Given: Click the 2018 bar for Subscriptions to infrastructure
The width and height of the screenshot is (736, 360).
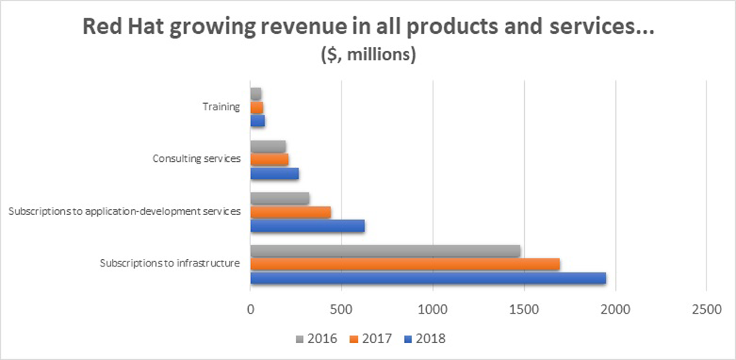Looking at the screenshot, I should (x=428, y=278).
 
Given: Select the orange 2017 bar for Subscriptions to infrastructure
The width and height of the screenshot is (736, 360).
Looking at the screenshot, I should (x=405, y=264).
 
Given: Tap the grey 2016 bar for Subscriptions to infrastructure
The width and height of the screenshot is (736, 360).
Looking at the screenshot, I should (x=385, y=250).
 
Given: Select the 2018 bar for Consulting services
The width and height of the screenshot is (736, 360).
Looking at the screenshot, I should (x=275, y=174).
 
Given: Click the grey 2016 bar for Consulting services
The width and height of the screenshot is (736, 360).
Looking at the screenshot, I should (x=268, y=146).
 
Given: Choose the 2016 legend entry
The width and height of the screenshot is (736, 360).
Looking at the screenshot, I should (x=316, y=339).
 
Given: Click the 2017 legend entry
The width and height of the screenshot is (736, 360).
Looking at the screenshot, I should (x=371, y=339).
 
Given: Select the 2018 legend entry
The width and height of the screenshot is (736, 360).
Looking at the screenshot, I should (x=425, y=339).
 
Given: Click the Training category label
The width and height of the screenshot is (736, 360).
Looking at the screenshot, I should (x=222, y=107).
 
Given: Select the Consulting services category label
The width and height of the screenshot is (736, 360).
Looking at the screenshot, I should (x=197, y=159).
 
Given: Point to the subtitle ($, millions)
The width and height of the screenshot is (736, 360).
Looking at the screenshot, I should (x=367, y=57).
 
